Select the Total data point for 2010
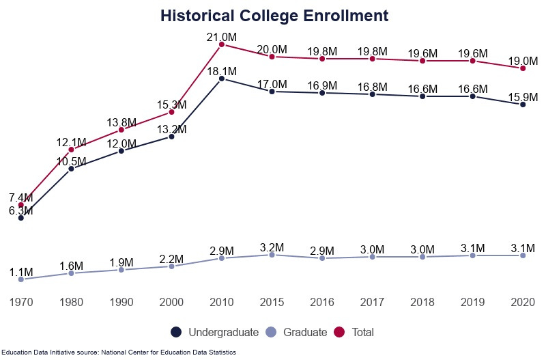[222, 44]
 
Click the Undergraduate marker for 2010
[222, 79]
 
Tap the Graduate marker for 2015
[272, 255]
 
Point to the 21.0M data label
[222, 36]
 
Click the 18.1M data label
[222, 71]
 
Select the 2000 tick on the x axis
[171, 301]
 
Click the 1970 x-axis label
[21, 301]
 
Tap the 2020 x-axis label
[523, 301]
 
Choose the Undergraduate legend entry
[215, 333]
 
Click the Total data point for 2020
[523, 68]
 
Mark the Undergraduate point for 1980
[71, 169]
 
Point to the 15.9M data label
[523, 96]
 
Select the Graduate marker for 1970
[21, 279]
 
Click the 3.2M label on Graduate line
[272, 247]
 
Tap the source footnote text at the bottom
[119, 352]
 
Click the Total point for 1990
[121, 130]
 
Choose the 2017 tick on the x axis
[372, 301]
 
